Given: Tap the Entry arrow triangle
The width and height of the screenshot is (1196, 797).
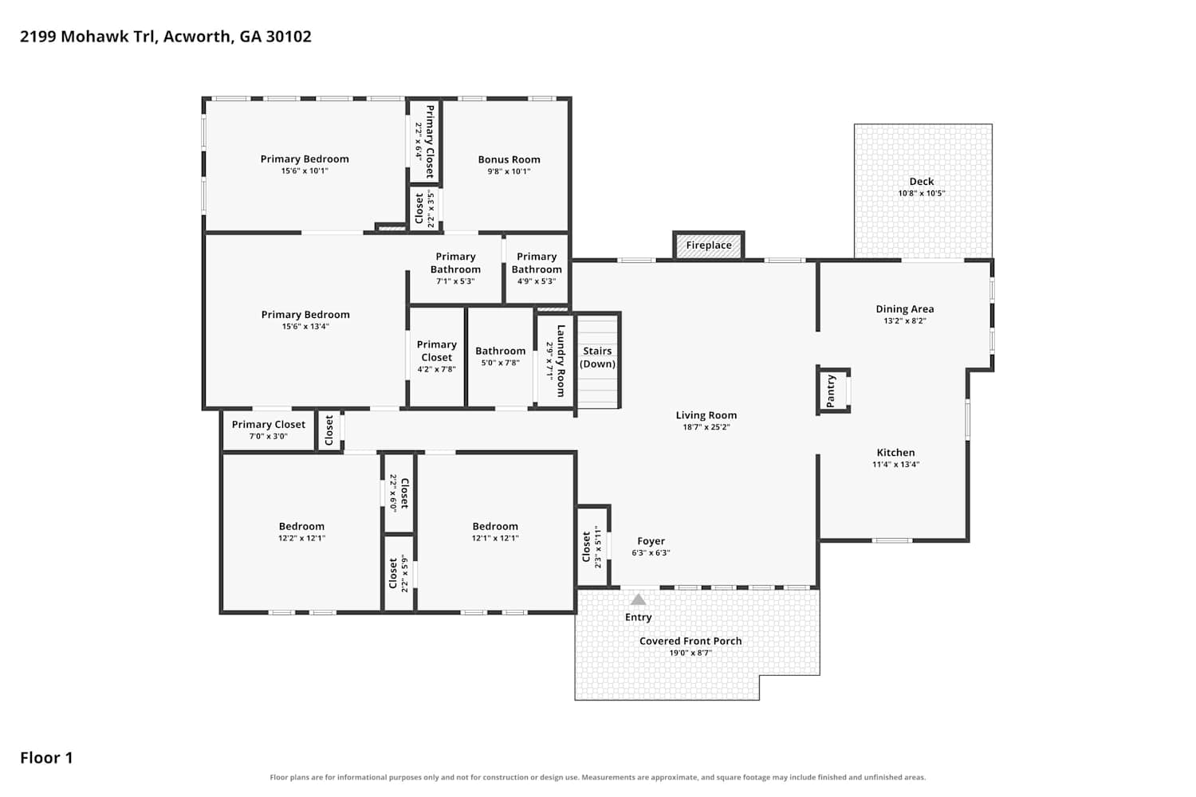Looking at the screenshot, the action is pos(638,599).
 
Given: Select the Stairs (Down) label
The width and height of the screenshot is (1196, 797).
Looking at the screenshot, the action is pos(597,357).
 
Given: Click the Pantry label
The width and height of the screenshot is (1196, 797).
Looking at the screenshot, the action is pos(830,391).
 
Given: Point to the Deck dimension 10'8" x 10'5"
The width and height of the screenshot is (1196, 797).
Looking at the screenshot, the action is pos(922,193).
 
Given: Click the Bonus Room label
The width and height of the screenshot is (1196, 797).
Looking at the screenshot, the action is pos(509,159).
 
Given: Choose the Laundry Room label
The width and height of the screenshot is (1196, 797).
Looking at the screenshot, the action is pos(561,361).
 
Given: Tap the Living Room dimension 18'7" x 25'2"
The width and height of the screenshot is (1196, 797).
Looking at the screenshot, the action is pos(706,427).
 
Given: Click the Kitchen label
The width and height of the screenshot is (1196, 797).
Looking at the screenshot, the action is pos(895,453).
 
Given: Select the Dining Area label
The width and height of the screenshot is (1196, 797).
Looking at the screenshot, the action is pos(904,309).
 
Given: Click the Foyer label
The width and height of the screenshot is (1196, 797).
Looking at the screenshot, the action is pos(651,541).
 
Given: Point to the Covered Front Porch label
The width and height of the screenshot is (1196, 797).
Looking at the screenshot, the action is pos(690,641).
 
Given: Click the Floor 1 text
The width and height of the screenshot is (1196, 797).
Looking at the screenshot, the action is pos(46,758).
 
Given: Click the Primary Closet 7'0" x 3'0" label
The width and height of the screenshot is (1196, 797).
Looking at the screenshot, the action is pos(269,430).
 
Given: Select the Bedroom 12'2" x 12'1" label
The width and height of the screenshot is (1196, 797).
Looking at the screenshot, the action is pos(301,532).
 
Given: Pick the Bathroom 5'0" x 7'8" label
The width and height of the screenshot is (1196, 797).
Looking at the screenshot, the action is pos(500,356).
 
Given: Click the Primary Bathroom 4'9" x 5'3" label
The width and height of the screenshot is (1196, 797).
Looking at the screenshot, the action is pos(537,269).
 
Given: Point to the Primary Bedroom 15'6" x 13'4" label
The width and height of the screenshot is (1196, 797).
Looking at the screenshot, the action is pos(305,320).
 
